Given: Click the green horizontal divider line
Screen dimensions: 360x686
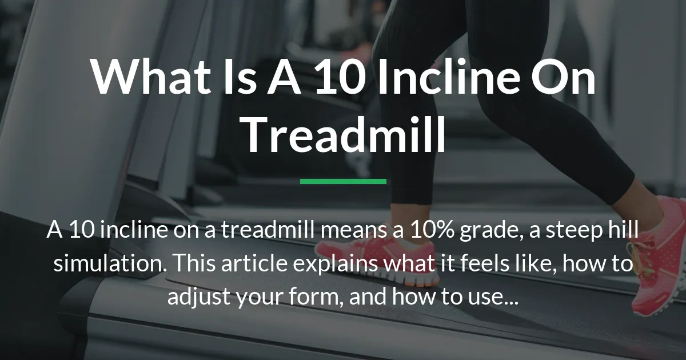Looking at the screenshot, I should pos(343,182).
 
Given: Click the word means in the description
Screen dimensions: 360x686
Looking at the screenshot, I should pos(361,233).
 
